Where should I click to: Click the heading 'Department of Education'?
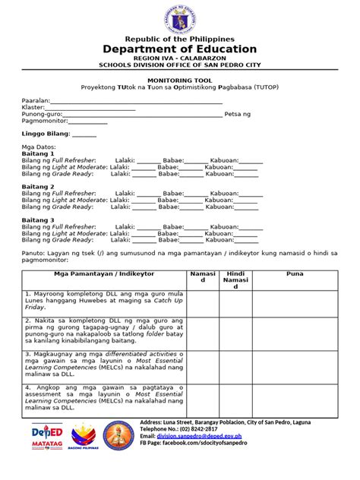point(179,49)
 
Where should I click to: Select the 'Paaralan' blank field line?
point(136,101)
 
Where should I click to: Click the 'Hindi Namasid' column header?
point(235,279)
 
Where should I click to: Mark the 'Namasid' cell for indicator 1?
point(203,302)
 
